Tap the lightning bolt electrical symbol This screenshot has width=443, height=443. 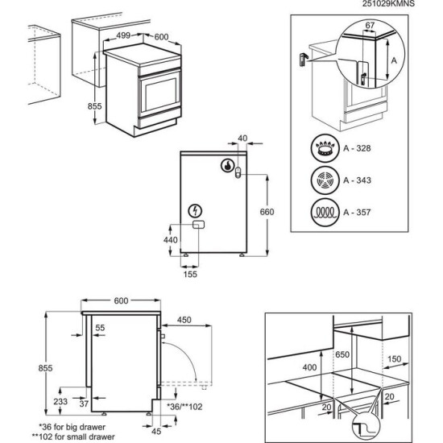point(197,209)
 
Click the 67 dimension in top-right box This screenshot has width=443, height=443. point(371,27)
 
